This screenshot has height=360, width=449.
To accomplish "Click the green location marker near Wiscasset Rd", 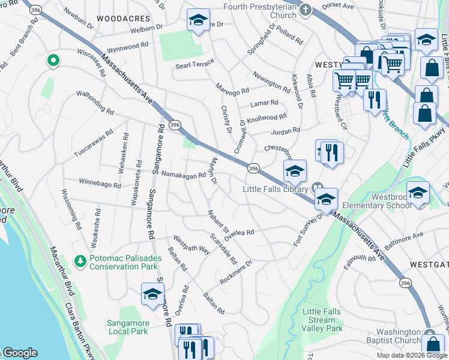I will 53,60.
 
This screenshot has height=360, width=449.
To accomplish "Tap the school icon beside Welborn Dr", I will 198,22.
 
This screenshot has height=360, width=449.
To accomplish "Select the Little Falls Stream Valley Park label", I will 323,320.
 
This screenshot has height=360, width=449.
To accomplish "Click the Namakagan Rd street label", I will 184,175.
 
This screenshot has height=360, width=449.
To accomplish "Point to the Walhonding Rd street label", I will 94,102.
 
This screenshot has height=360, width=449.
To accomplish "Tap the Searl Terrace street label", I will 195,65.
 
